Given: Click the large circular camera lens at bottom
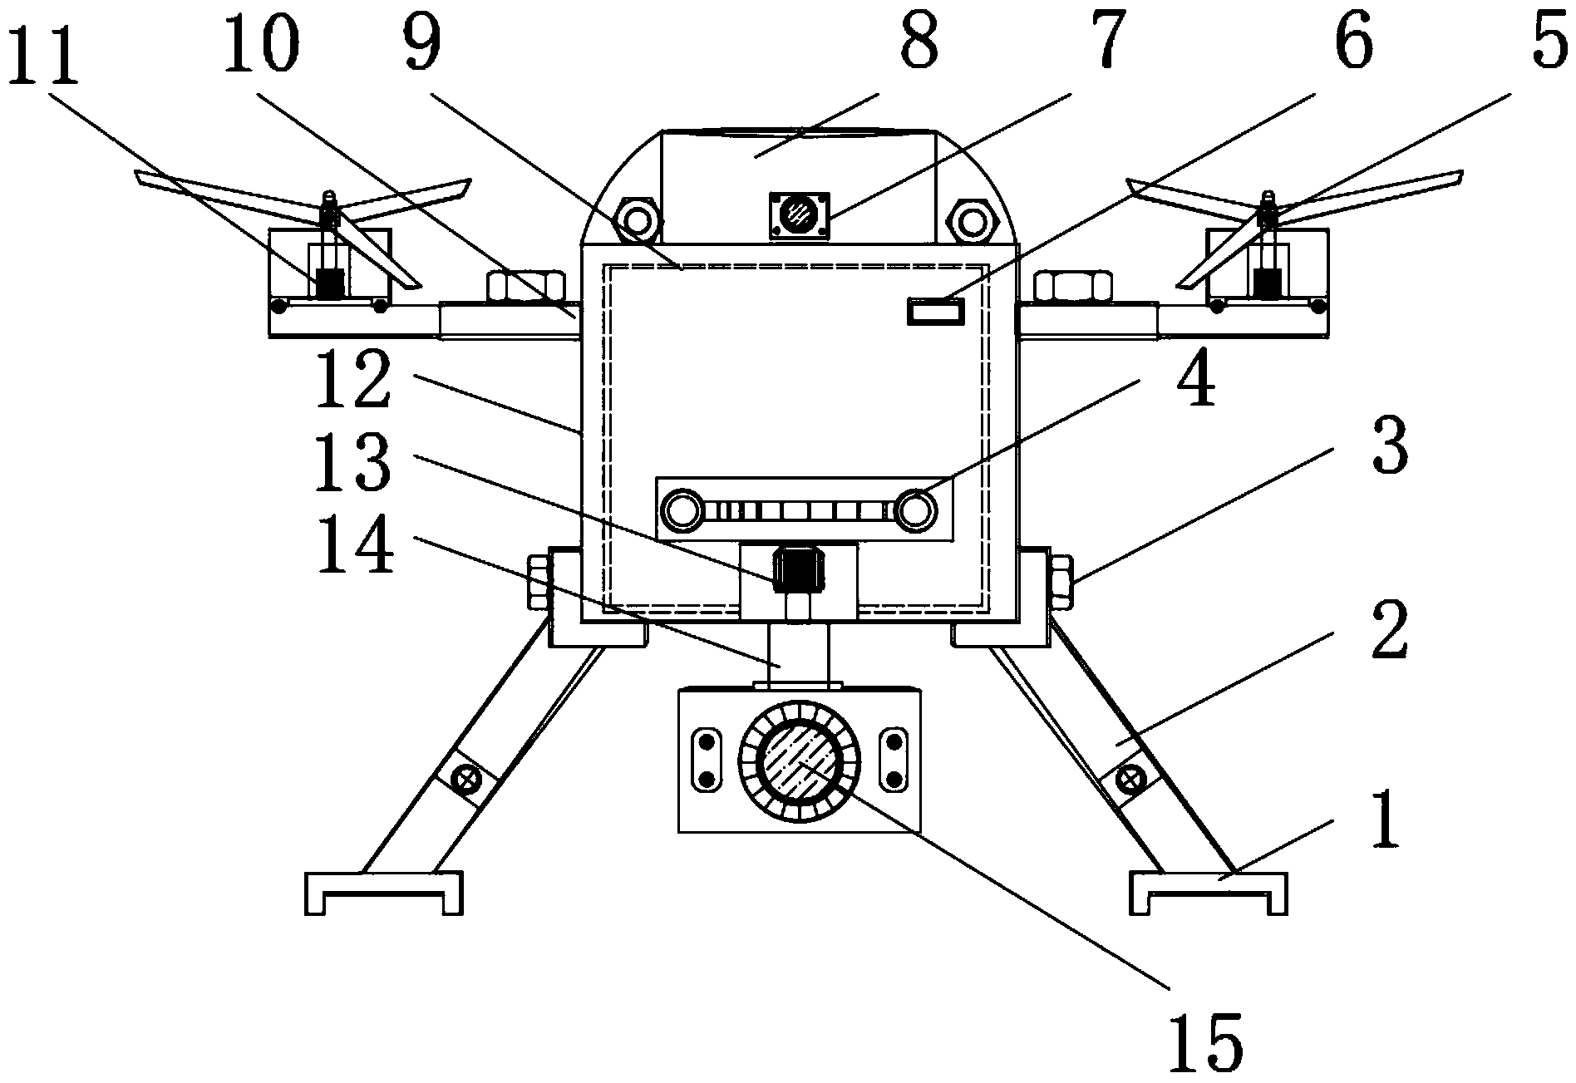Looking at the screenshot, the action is (x=800, y=760).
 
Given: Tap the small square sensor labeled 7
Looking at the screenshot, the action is (x=800, y=216).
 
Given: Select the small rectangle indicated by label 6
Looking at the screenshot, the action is (x=935, y=313).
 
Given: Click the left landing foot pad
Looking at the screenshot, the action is (x=383, y=893).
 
